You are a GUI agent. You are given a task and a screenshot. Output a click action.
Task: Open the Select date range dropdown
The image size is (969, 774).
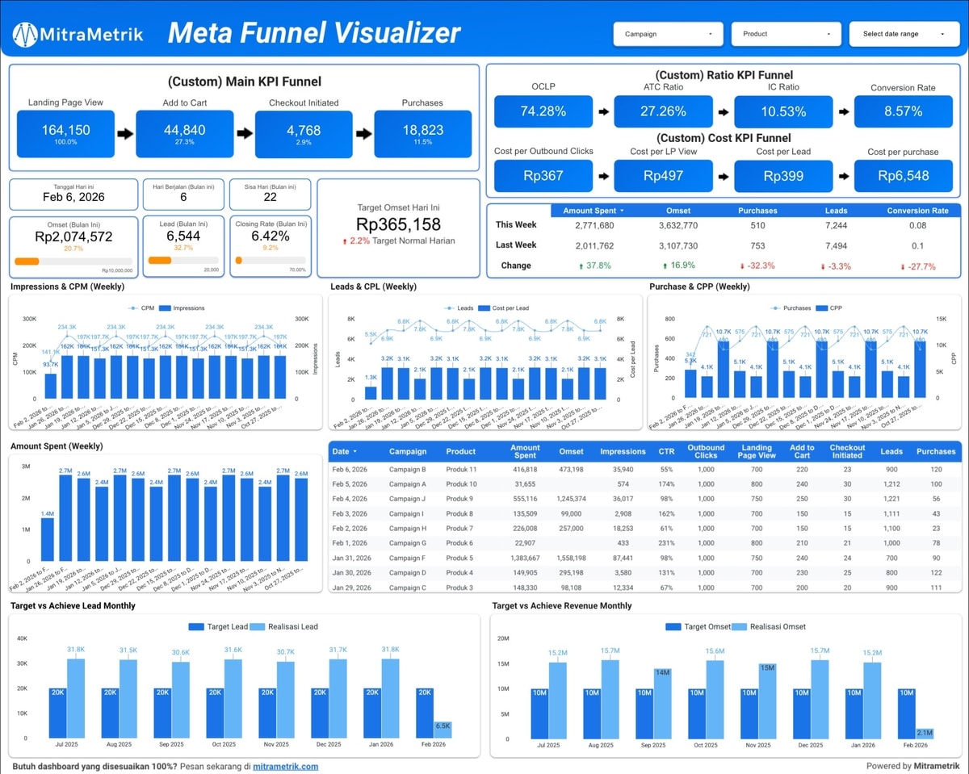tap(903, 34)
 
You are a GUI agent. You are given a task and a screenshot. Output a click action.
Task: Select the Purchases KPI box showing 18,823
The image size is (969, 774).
tap(422, 133)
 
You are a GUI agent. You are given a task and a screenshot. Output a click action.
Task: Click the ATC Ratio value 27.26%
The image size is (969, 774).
tap(663, 111)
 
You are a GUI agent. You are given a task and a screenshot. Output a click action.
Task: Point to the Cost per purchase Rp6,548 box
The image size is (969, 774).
tap(904, 175)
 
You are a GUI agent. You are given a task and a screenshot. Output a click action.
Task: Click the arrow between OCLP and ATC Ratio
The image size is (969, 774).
tap(602, 112)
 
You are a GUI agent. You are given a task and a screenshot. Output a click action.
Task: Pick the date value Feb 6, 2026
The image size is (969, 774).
tap(73, 197)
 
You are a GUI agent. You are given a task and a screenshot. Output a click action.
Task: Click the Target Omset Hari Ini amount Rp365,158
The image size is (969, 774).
tap(398, 225)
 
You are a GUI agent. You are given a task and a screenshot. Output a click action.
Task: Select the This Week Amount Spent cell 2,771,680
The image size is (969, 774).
tap(589, 225)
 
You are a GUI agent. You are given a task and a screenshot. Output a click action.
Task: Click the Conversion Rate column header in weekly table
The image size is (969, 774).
tap(917, 211)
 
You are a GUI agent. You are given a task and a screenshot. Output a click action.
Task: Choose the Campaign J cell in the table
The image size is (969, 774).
tap(408, 499)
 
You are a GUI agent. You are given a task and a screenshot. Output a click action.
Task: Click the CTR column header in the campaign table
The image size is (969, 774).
tap(665, 451)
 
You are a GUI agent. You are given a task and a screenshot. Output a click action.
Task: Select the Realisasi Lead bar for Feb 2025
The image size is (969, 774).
tap(443, 730)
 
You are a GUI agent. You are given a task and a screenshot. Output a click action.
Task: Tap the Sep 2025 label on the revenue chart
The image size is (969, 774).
tap(652, 745)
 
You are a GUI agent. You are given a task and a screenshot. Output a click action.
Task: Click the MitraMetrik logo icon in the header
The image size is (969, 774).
tap(25, 34)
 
